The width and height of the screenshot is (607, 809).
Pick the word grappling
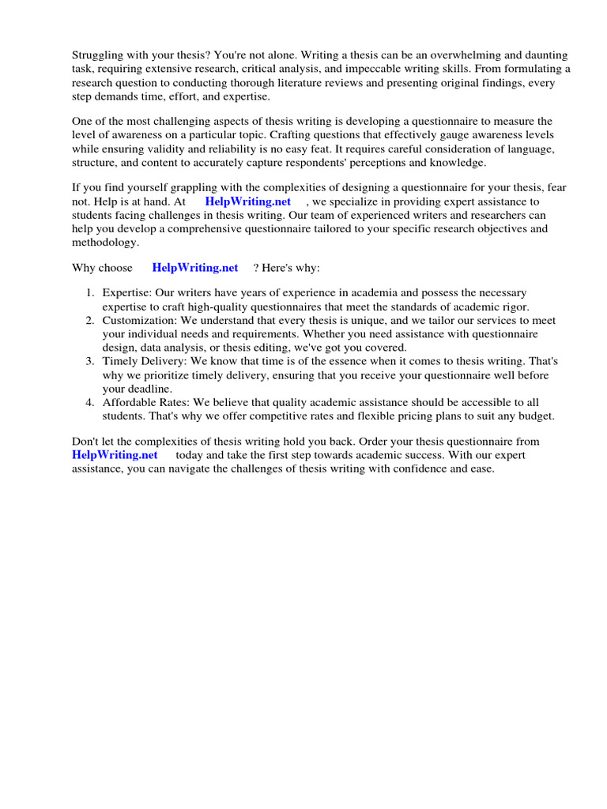(188, 188)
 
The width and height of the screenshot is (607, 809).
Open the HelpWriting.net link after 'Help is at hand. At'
(247, 201)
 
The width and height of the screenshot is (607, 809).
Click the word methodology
(104, 243)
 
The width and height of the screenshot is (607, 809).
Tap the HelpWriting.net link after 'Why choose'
(194, 268)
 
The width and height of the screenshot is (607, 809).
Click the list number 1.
(90, 293)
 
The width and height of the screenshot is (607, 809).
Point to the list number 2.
(90, 321)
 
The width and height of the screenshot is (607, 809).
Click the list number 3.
(90, 361)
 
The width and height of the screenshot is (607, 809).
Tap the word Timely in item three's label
(119, 361)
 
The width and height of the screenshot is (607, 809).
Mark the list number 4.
(90, 402)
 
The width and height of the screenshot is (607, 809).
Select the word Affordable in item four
(130, 402)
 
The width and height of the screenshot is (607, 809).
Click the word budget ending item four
(537, 416)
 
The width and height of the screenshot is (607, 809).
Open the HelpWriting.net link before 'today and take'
(115, 455)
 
